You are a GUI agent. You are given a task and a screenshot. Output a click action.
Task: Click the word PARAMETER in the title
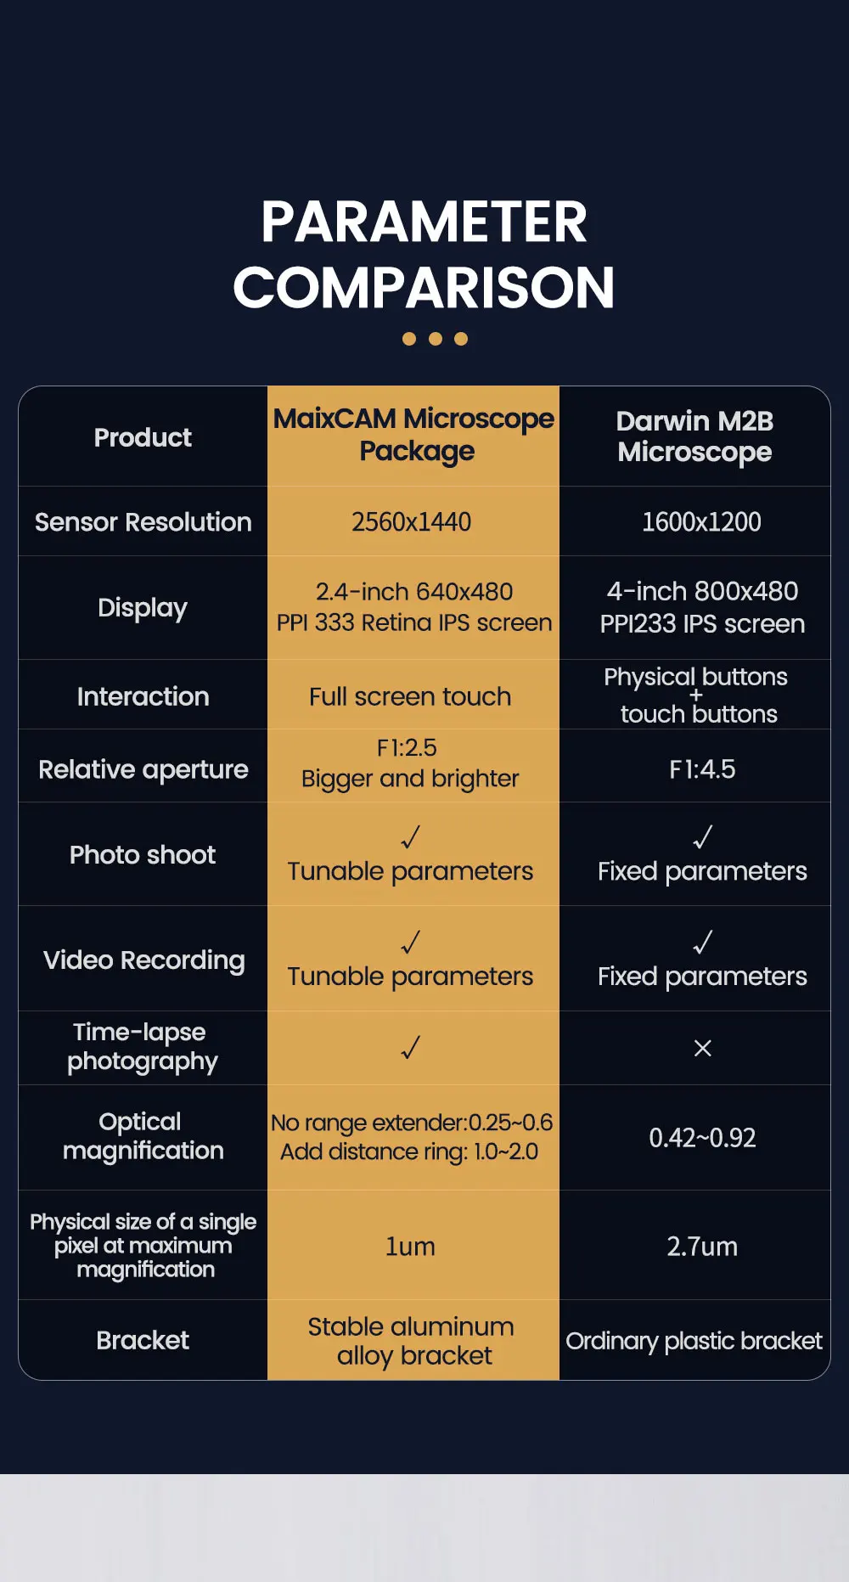(x=424, y=222)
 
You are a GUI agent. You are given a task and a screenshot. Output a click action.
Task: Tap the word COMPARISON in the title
(x=424, y=288)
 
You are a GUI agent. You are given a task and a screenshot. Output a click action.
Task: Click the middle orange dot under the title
(x=436, y=339)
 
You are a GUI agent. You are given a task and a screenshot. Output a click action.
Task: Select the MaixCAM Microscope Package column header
(x=413, y=435)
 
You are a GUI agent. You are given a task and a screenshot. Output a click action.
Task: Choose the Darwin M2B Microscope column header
(x=694, y=436)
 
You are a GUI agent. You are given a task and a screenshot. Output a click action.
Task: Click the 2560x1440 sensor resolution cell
(x=412, y=521)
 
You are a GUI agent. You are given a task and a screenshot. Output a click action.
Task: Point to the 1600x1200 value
(x=701, y=521)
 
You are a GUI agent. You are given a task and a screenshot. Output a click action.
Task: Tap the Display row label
(x=143, y=608)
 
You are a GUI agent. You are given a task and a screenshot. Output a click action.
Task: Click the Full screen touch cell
(x=410, y=696)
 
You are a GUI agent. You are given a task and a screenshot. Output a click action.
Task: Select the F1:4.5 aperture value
(x=702, y=769)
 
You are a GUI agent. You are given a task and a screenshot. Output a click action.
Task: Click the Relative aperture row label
(x=143, y=769)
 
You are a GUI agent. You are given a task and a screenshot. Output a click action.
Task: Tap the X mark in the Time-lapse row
(x=703, y=1049)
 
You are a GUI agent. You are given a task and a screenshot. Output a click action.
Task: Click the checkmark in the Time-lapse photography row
(x=411, y=1048)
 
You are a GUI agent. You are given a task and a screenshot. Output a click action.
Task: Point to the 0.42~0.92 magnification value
(x=702, y=1138)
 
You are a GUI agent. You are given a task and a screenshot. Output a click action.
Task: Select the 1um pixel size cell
(x=410, y=1247)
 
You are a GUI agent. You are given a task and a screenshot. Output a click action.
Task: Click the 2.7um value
(x=702, y=1247)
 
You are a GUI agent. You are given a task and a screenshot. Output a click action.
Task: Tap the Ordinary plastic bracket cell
(x=694, y=1341)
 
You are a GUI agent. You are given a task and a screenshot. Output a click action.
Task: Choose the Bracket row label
(x=143, y=1340)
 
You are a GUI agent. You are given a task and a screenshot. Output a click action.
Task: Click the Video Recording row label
(x=144, y=960)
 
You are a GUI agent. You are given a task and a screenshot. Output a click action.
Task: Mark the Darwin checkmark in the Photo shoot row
(x=703, y=837)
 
